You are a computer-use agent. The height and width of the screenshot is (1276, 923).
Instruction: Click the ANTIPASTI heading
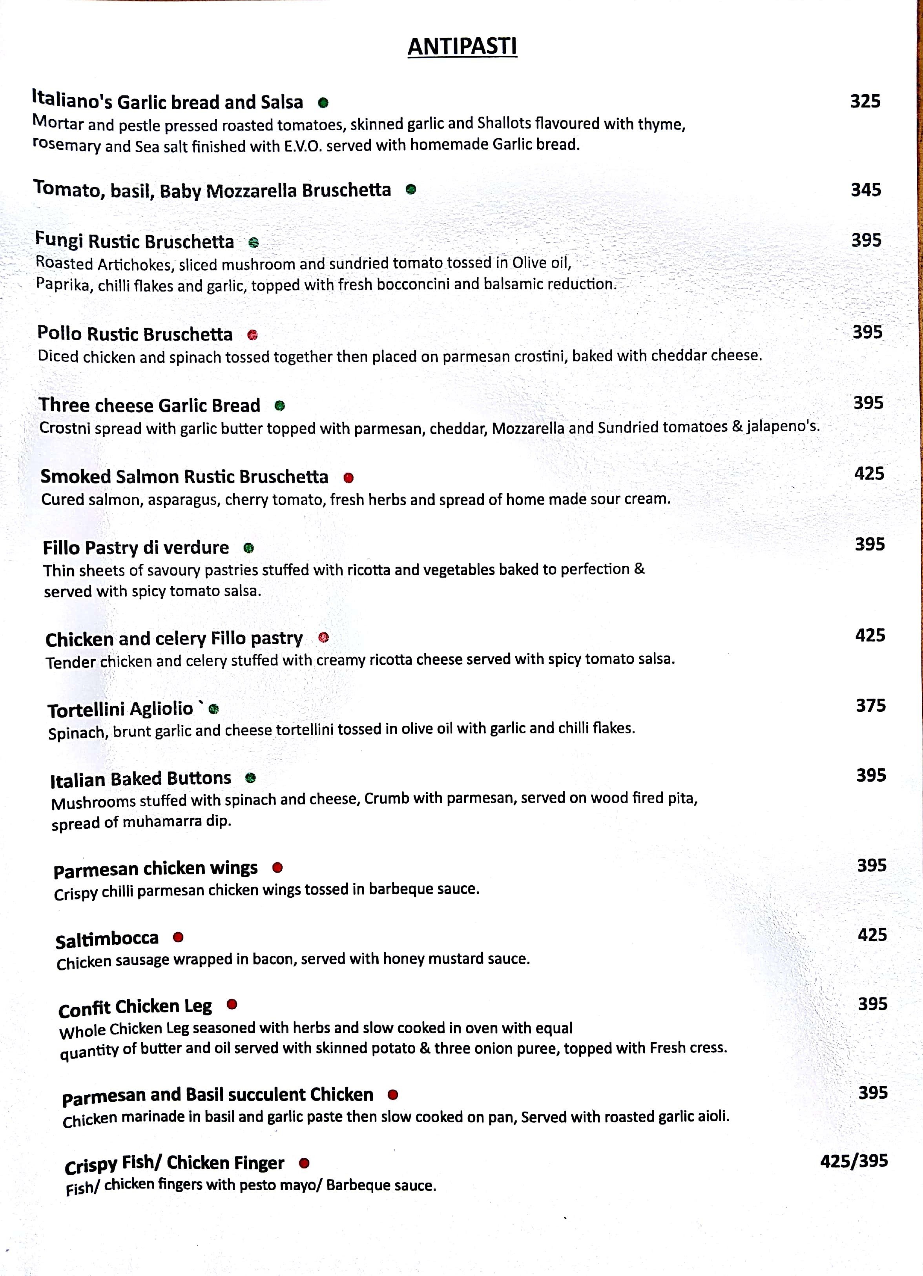[462, 46]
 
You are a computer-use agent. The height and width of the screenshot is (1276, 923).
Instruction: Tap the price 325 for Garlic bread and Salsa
[865, 101]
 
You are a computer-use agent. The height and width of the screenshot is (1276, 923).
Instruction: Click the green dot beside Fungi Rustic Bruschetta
[254, 242]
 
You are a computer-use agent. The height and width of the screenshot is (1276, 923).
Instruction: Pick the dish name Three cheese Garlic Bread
[150, 406]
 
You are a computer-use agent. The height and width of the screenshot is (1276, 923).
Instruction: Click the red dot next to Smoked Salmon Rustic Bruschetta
[348, 478]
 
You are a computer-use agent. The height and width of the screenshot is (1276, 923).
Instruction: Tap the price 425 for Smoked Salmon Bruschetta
[869, 474]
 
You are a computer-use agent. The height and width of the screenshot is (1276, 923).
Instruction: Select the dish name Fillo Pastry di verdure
[136, 547]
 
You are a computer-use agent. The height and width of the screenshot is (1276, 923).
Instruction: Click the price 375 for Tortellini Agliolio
[871, 705]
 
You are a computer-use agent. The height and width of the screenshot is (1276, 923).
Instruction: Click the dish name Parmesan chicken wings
[155, 869]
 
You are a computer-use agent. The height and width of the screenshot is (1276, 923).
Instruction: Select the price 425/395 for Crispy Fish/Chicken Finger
[854, 1161]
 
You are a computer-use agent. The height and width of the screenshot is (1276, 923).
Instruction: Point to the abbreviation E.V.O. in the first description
[303, 146]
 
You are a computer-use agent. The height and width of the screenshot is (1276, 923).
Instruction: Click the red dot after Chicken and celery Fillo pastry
[324, 638]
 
